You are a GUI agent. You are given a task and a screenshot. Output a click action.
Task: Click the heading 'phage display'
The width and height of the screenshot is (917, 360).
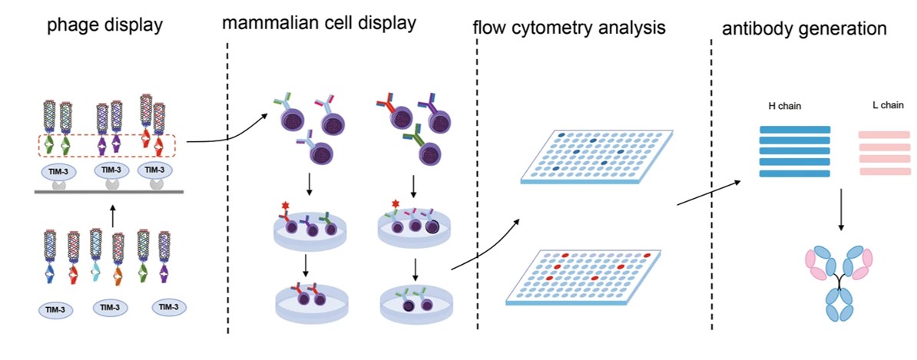click(x=105, y=25)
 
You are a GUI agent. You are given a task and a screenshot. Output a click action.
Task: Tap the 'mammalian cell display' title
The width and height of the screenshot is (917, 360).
click(x=319, y=22)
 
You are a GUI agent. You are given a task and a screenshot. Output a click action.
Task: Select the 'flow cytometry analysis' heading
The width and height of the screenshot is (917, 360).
click(x=568, y=29)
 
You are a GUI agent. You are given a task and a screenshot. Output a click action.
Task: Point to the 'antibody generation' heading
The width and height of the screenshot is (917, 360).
click(x=805, y=29)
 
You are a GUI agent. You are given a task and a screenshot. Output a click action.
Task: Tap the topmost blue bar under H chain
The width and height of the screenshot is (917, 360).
click(x=794, y=129)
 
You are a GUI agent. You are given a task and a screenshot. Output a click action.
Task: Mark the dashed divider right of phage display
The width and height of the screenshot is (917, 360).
click(x=228, y=192)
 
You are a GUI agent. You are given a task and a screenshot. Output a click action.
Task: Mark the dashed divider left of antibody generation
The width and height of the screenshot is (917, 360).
click(x=712, y=192)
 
